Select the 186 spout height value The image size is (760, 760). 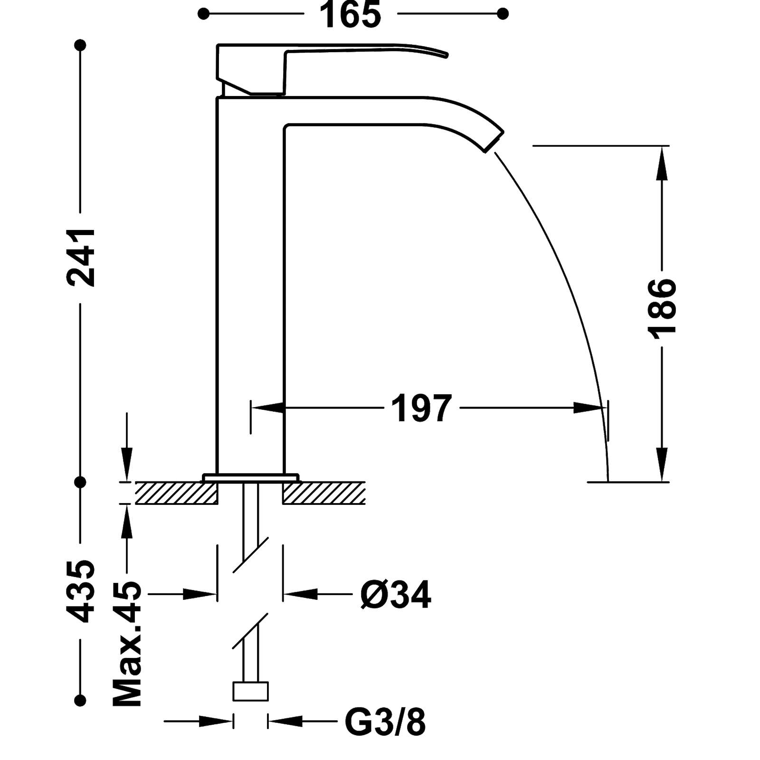tap(663, 309)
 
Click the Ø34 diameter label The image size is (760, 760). tap(395, 593)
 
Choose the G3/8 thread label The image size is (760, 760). tap(385, 722)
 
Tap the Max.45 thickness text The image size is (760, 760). tap(127, 643)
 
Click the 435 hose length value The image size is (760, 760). tap(81, 591)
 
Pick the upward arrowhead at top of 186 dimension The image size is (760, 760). tap(663, 161)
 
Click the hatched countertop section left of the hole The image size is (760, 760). tap(176, 493)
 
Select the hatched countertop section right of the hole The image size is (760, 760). tap(325, 493)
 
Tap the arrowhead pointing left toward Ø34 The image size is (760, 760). tap(299, 593)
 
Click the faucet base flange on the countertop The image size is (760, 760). tap(252, 477)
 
